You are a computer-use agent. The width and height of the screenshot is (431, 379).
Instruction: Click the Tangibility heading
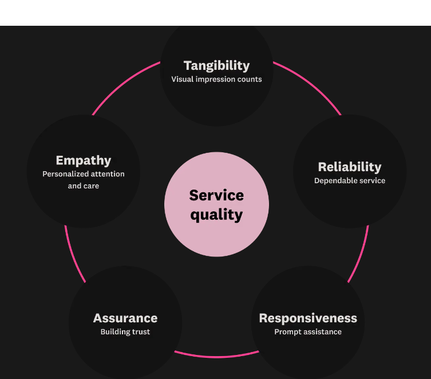tap(216, 66)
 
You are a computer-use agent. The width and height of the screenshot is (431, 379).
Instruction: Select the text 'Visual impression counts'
tap(216, 80)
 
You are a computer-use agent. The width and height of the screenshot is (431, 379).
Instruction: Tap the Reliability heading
tap(349, 167)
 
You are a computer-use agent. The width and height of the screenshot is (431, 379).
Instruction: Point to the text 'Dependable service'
tap(349, 181)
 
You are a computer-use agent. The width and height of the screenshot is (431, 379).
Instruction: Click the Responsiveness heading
tap(308, 318)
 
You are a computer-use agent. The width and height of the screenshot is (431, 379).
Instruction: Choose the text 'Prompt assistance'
tap(308, 332)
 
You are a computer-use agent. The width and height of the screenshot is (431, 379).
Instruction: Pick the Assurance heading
tap(125, 318)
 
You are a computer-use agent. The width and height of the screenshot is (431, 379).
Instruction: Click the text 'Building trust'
tap(125, 332)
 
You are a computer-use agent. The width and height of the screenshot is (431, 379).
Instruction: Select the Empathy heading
tap(83, 160)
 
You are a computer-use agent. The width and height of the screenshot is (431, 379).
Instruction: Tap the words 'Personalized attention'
tap(83, 174)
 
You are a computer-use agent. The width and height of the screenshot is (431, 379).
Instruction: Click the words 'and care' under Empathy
tap(83, 186)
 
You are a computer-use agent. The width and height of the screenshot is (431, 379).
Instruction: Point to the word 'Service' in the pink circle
tap(216, 195)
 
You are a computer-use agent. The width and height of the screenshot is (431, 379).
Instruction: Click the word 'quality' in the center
tap(216, 215)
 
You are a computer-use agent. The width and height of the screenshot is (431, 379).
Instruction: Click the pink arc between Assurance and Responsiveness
tap(216, 357)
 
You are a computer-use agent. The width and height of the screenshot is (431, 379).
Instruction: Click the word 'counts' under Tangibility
tap(250, 80)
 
